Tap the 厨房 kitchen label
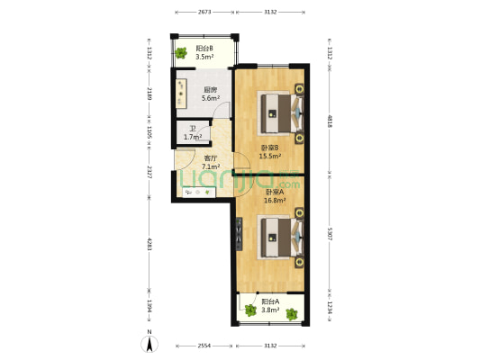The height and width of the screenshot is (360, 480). coord(209,89)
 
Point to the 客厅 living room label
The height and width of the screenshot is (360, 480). coord(211,158)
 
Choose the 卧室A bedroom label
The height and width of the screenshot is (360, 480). coord(275,192)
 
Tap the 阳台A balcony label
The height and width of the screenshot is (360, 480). coord(270,301)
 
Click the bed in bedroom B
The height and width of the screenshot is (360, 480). coord(279,112)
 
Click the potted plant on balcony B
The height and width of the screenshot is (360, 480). coord(182,52)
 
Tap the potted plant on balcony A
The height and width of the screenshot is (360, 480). coord(249,311)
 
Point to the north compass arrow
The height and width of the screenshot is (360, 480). coord(148,341)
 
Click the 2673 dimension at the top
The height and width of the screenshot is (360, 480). coord(204,12)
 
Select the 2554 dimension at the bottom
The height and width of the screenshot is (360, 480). coord(204,346)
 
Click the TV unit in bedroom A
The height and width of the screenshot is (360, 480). coord(239,235)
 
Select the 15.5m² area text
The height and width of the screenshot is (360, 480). coord(270,156)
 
